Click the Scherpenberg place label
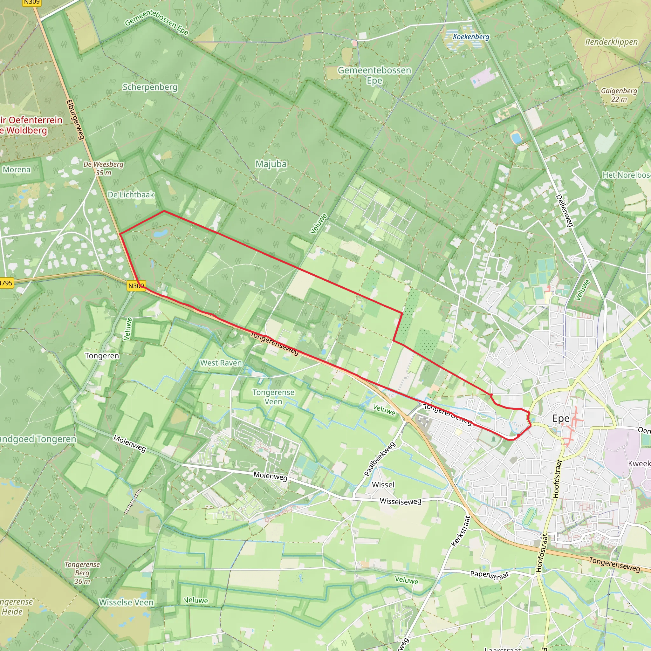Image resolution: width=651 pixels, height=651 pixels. (150, 87)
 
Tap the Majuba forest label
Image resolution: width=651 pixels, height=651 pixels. (271, 164)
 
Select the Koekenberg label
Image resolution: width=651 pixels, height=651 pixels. (471, 37)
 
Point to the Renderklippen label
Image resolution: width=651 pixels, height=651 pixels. (611, 42)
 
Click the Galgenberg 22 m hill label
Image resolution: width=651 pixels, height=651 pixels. (619, 95)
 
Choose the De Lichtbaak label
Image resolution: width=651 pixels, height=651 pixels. (131, 195)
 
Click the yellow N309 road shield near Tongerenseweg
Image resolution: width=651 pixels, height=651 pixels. (136, 286)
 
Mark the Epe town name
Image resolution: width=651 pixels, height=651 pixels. (561, 419)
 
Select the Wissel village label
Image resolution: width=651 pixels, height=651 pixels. (383, 484)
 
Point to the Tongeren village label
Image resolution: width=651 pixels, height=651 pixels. (102, 356)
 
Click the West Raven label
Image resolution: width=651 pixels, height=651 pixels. (221, 363)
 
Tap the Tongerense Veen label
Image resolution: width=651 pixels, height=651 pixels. (273, 397)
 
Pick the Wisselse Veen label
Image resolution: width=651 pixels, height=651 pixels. (126, 602)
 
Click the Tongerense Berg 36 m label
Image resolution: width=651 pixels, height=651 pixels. (82, 573)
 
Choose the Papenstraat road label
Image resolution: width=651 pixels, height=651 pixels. (489, 574)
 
